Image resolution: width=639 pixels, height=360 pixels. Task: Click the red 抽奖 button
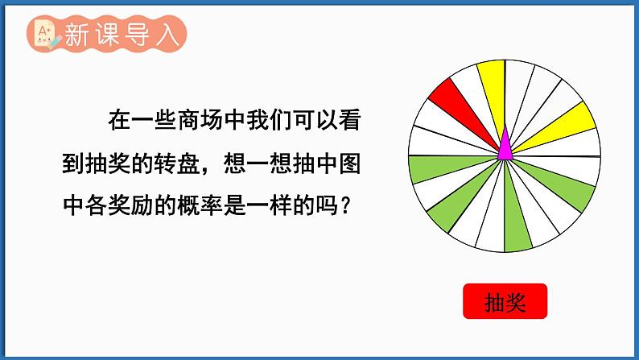505,301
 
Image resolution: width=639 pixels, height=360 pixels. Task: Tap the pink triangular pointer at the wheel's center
505,143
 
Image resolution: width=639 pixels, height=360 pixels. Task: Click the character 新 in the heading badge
76,35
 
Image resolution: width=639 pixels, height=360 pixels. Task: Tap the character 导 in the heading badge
138,35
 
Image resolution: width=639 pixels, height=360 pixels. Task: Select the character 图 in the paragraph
349,164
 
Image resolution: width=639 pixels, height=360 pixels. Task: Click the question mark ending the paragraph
345,205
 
